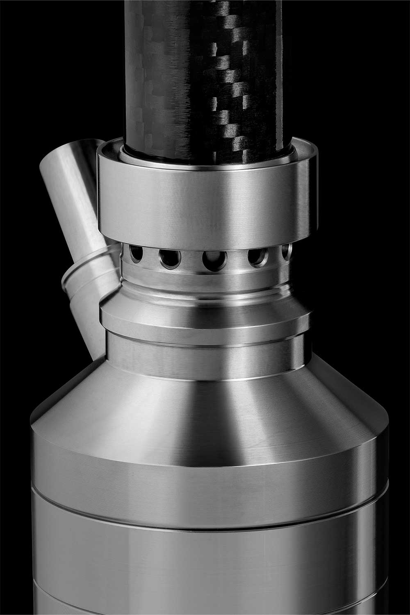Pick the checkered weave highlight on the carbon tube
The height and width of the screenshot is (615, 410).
[x=228, y=82]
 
